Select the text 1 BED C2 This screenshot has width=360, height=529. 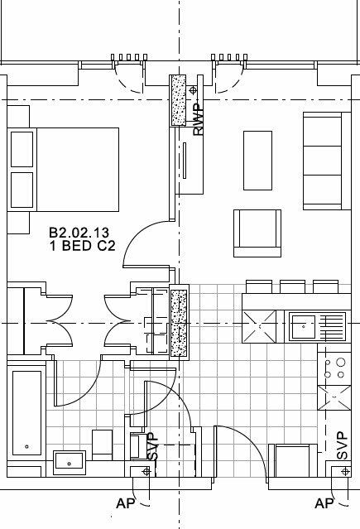[x=82, y=246]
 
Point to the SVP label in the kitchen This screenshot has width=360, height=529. [x=342, y=445]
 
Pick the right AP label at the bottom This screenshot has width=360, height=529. [x=325, y=503]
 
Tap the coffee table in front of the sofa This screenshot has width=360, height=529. [x=257, y=160]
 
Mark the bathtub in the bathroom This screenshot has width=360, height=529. [x=27, y=412]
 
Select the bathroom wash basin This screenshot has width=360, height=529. [x=68, y=460]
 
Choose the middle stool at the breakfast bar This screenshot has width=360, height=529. [x=294, y=286]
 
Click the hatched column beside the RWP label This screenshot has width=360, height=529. [x=179, y=101]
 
